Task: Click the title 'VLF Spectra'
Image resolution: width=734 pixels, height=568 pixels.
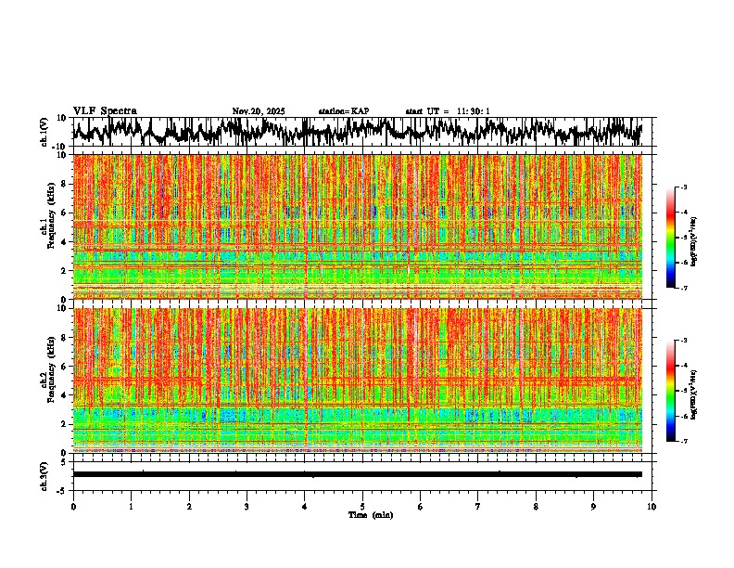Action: (105, 110)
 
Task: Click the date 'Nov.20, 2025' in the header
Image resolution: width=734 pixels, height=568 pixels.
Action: (259, 111)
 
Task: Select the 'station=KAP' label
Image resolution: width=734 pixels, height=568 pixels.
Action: (344, 111)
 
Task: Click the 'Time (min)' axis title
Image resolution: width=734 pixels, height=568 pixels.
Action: (370, 514)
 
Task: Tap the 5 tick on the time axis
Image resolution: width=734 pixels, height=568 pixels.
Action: (362, 506)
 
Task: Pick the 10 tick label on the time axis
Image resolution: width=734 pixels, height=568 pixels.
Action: (652, 506)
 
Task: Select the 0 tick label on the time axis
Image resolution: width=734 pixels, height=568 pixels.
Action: (73, 506)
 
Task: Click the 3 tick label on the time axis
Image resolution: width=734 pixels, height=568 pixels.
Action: (247, 506)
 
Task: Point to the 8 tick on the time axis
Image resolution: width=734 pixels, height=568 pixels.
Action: (536, 506)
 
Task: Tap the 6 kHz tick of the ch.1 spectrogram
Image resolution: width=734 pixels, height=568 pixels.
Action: (65, 213)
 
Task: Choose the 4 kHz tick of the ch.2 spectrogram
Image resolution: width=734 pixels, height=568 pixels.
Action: (65, 394)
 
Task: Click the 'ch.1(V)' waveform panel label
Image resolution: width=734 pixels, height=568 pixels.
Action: (45, 132)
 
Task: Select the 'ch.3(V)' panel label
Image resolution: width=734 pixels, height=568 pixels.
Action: (45, 474)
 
